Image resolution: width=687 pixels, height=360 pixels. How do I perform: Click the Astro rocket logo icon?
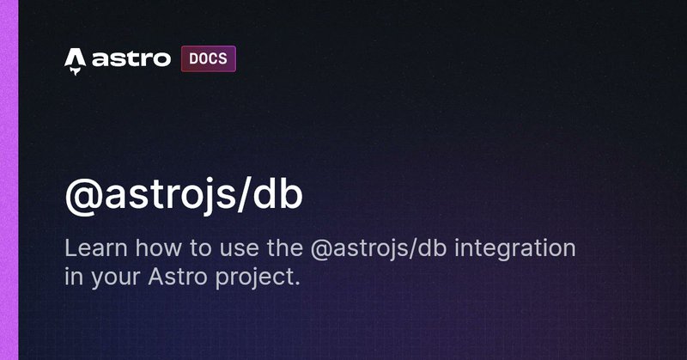(x=75, y=61)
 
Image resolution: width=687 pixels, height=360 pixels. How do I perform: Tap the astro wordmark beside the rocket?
(x=131, y=58)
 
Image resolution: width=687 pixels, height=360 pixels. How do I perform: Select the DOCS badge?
(x=208, y=58)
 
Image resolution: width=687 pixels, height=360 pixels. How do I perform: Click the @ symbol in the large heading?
(x=83, y=196)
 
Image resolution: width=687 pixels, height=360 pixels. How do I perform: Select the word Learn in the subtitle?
(x=96, y=248)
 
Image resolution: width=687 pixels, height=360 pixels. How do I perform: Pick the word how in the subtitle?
(x=158, y=248)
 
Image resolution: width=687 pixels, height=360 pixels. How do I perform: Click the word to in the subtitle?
(x=200, y=249)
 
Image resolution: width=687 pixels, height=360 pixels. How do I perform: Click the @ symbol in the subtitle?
(x=320, y=250)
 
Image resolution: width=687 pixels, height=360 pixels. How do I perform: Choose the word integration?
(x=514, y=250)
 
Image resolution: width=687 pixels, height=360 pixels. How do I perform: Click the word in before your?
(x=74, y=278)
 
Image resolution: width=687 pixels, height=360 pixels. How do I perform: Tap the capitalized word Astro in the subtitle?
(x=178, y=278)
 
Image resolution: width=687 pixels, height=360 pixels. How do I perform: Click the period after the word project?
(x=297, y=284)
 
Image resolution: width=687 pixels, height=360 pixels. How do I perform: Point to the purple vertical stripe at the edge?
(x=9, y=180)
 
